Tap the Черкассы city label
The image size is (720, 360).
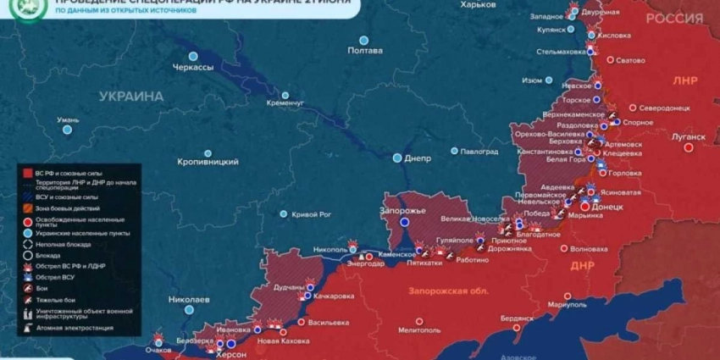[x=192, y=67]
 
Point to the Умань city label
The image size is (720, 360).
[x=69, y=119]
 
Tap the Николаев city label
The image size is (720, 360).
[x=189, y=299]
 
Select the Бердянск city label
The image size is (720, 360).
[x=517, y=318]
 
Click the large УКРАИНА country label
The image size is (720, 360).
[x=131, y=97]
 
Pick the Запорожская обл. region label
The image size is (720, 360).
[x=448, y=291]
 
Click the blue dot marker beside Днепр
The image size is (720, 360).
[x=396, y=158]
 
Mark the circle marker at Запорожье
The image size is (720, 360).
[x=404, y=222]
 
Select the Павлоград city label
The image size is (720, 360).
[x=479, y=152]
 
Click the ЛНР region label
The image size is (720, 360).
[x=684, y=80]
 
